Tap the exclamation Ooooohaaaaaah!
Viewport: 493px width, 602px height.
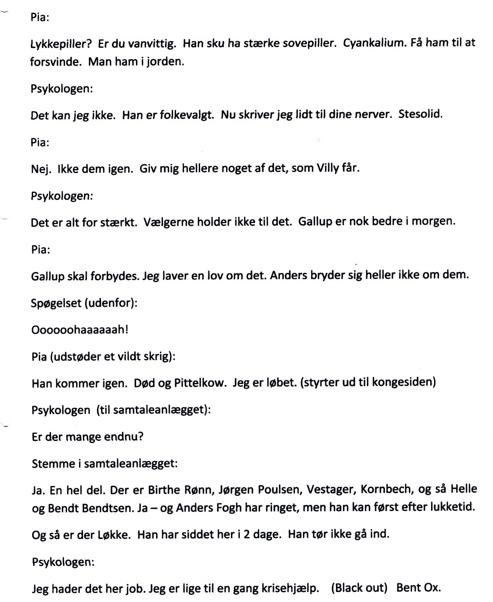click(x=80, y=330)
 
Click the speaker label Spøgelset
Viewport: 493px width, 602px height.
click(x=56, y=303)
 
